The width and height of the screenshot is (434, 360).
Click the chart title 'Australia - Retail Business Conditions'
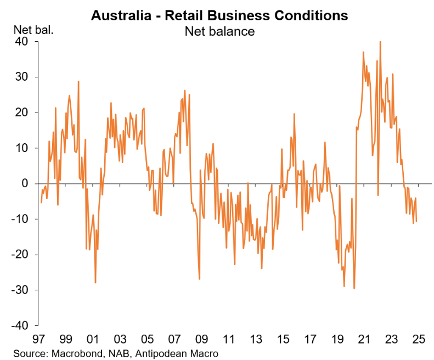[x=219, y=15]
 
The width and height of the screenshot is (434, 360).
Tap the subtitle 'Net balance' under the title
[x=219, y=31]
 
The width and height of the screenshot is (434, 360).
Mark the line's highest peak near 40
[x=380, y=42]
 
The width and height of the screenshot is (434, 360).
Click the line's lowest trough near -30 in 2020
[x=354, y=289]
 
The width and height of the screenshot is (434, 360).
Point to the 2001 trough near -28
[x=95, y=283]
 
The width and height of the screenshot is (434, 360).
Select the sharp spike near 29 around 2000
[x=78, y=81]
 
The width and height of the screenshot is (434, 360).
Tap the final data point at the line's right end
[x=416, y=222]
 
